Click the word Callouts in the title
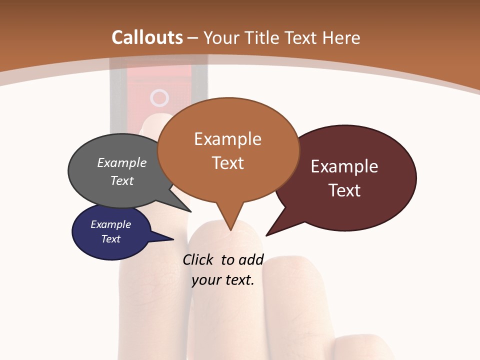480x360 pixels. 147,37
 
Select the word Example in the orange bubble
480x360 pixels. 227,139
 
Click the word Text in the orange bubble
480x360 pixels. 227,163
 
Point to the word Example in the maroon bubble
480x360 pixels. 344,166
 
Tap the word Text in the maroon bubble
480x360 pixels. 344,190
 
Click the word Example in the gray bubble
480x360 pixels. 122,163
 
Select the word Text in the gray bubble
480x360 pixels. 122,180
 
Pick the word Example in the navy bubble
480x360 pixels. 110,224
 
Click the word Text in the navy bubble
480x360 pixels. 110,239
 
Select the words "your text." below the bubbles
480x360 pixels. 223,280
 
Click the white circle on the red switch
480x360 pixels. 159,98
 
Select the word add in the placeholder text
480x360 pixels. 250,260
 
